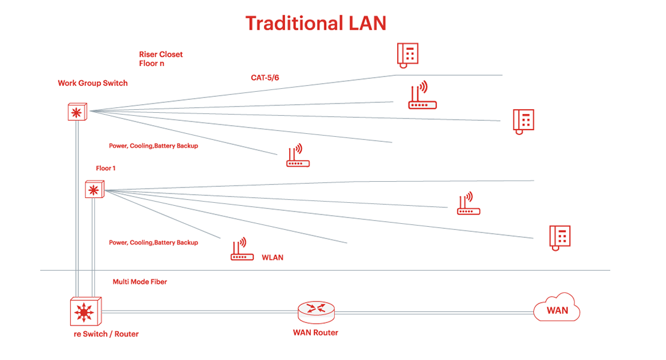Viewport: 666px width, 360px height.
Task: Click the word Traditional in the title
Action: click(294, 23)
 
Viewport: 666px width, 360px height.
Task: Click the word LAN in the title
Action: click(368, 23)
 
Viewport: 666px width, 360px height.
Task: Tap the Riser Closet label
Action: click(161, 54)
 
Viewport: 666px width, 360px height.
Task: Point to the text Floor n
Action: click(152, 63)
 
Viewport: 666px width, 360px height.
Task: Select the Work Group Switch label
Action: click(92, 83)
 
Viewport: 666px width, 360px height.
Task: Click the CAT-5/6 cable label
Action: click(265, 78)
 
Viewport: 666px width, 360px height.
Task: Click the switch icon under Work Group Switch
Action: click(77, 112)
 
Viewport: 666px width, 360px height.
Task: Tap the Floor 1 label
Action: click(105, 168)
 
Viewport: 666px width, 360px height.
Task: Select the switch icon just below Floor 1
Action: click(94, 190)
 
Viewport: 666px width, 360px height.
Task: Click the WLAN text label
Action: click(273, 257)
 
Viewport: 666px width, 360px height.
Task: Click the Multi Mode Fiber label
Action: click(140, 282)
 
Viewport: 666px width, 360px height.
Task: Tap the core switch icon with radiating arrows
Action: click(85, 311)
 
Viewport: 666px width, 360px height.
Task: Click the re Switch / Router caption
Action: click(106, 334)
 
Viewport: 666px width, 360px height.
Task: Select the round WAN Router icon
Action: click(316, 312)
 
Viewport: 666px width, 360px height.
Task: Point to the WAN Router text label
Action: click(316, 333)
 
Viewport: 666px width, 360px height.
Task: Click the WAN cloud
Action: click(557, 308)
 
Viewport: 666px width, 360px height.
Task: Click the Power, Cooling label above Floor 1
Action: click(154, 145)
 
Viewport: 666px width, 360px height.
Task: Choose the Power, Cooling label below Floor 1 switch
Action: click(154, 242)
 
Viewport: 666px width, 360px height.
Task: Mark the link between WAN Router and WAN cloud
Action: click(434, 313)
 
